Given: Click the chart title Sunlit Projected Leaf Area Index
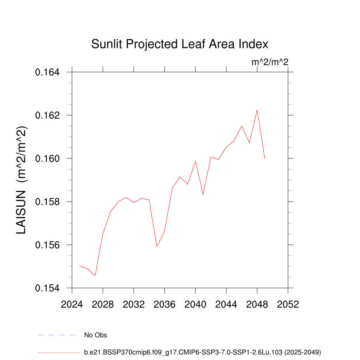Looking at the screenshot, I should pyautogui.click(x=180, y=44).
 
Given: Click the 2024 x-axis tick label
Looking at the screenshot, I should pyautogui.click(x=72, y=304).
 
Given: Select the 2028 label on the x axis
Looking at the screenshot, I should pyautogui.click(x=103, y=304).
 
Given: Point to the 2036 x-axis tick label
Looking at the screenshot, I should pyautogui.click(x=165, y=304).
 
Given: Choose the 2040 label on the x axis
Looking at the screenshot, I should pyautogui.click(x=195, y=304).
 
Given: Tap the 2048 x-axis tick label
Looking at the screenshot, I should pyautogui.click(x=257, y=304).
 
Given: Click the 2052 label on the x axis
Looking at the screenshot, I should pyautogui.click(x=288, y=304).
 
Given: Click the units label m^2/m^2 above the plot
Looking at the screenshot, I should pyautogui.click(x=270, y=63).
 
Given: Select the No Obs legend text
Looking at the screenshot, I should pyautogui.click(x=96, y=335).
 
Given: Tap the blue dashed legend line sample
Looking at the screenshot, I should pyautogui.click(x=57, y=335).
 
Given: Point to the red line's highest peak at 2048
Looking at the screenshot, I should pyautogui.click(x=257, y=110).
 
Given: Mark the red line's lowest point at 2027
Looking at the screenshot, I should pyautogui.click(x=95, y=276).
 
